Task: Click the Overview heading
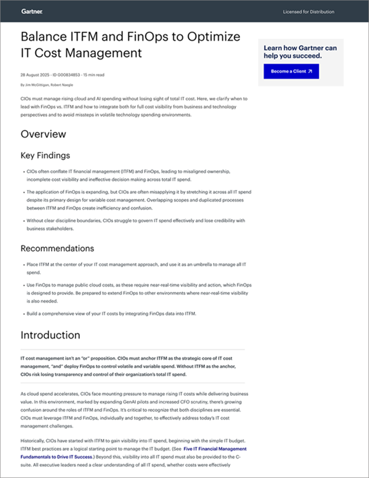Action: [x=43, y=134]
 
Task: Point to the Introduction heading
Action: [x=51, y=335]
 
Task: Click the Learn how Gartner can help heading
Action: [x=301, y=51]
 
